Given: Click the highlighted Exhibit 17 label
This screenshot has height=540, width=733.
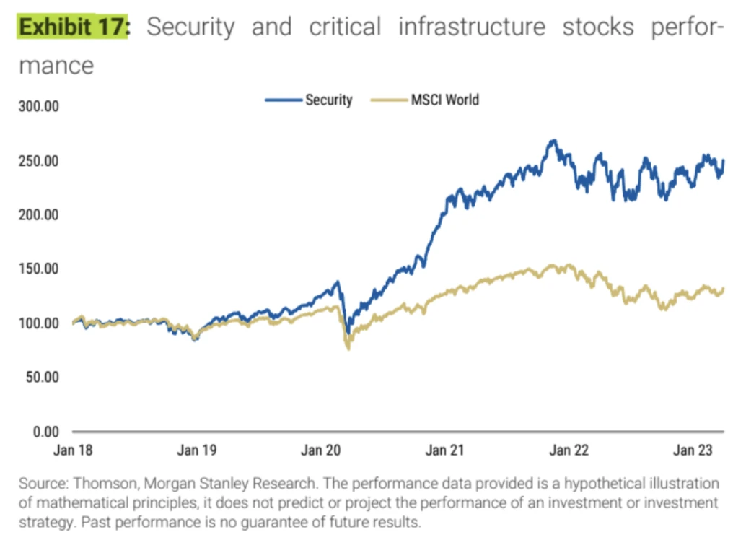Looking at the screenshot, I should [71, 27].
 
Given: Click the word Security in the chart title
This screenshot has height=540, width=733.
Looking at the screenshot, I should [190, 27].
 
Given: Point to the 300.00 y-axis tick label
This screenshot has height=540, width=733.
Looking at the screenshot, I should [40, 107].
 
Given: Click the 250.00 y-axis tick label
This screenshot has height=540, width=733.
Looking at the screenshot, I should [40, 161].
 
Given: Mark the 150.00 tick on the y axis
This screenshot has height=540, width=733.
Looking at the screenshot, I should [40, 269].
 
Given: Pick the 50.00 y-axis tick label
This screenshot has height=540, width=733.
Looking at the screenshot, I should [43, 378].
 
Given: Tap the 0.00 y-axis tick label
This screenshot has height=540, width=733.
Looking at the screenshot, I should [46, 432].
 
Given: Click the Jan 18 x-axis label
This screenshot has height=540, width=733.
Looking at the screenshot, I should [73, 451].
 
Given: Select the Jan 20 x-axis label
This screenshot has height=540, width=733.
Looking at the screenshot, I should [321, 451].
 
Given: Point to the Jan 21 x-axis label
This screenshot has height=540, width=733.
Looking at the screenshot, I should [444, 451].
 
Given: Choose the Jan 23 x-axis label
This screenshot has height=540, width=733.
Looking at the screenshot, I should [692, 451].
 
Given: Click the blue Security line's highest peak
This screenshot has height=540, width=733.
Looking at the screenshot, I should [553, 140].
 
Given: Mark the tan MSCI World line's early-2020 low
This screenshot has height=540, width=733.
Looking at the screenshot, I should [349, 348].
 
